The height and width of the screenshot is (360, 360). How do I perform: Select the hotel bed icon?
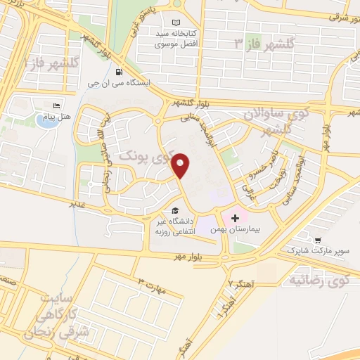[56, 106]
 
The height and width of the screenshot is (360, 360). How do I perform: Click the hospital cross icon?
[235, 219]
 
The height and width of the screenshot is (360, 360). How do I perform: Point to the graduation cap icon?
[174, 210]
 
